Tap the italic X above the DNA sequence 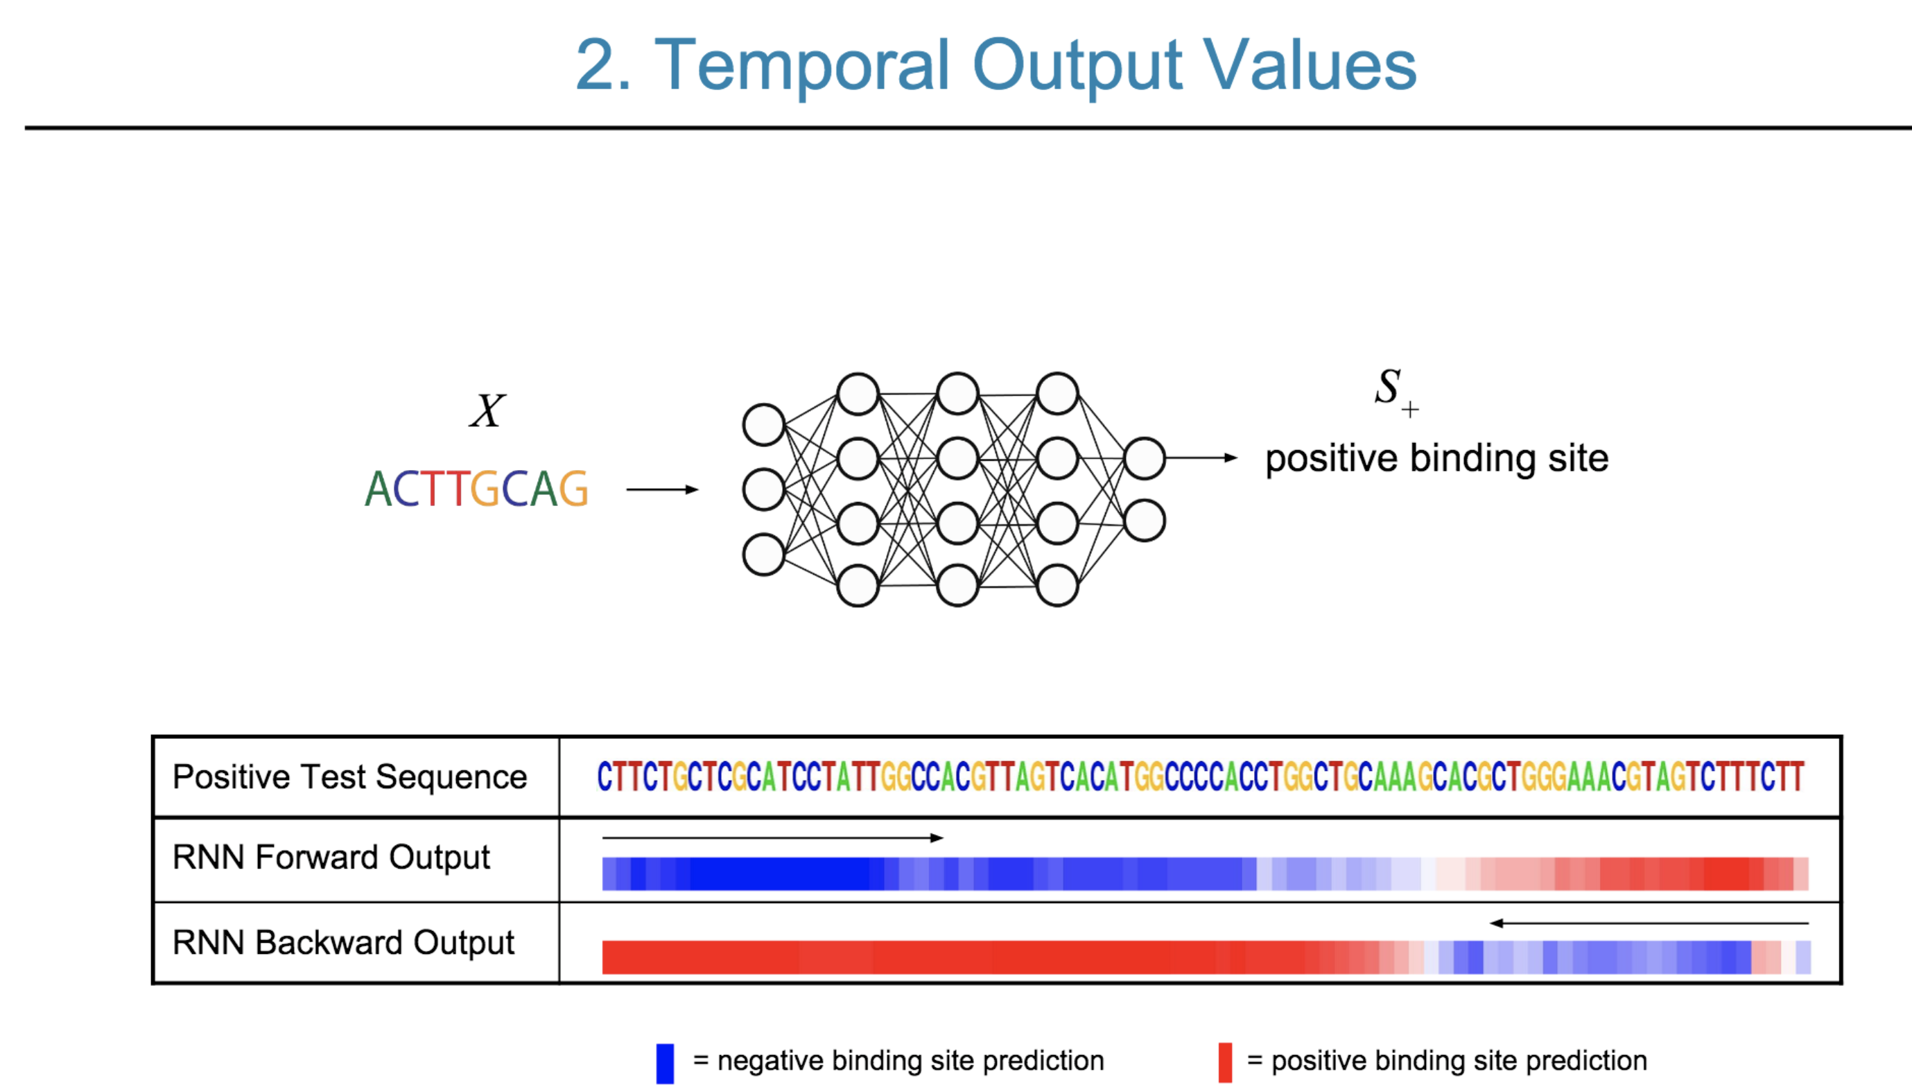[x=487, y=410]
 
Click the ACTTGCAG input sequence [x=476, y=489]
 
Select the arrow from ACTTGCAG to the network [x=661, y=489]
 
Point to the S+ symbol [x=1395, y=390]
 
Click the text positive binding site [x=1436, y=458]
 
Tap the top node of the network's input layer [x=763, y=425]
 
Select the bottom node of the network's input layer [x=763, y=555]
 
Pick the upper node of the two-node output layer [x=1144, y=458]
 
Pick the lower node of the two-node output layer [x=1144, y=521]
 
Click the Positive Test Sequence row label [x=349, y=777]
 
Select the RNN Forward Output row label [x=331, y=857]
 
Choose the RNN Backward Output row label [x=342, y=942]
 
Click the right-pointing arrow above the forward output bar [x=772, y=837]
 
